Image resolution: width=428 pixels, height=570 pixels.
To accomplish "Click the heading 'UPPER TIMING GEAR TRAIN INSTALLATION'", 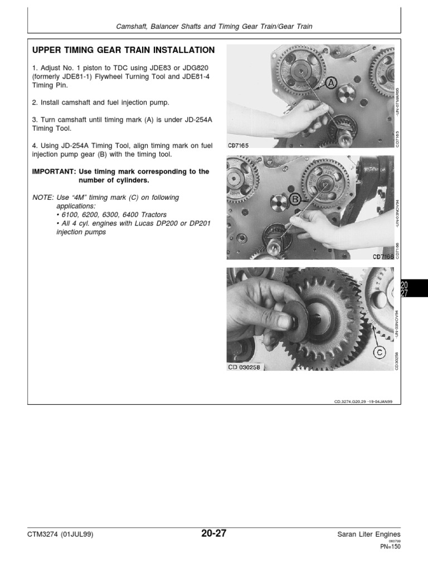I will click(x=123, y=50).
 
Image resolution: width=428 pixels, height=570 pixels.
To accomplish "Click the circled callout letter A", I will click(x=330, y=83).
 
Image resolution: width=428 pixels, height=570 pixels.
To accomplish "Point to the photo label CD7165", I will click(x=239, y=145).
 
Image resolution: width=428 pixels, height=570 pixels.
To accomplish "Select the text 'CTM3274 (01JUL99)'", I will click(x=60, y=535).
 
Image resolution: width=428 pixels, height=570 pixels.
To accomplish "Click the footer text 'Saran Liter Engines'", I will click(x=368, y=535).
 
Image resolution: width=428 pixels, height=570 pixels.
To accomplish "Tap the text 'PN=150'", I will click(x=390, y=547).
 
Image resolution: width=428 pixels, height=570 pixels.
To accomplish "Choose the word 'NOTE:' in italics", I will click(x=43, y=198).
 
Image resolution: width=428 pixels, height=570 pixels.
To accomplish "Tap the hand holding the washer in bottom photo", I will click(x=256, y=312).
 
